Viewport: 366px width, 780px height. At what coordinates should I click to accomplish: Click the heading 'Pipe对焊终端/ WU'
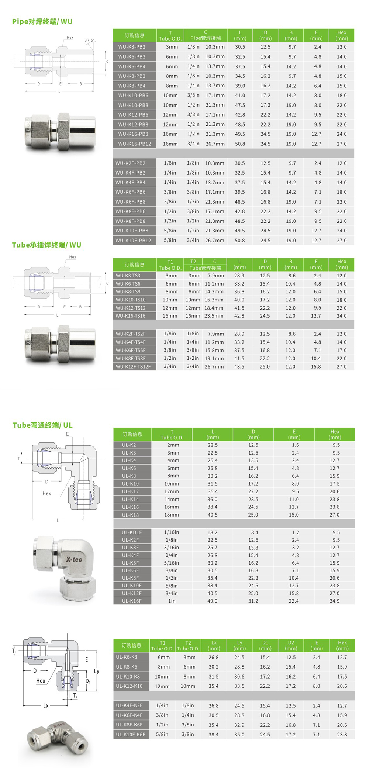pos(42,21)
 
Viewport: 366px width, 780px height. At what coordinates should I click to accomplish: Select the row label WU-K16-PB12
pos(134,144)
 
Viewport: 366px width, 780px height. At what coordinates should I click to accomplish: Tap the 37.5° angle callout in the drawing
pos(90,40)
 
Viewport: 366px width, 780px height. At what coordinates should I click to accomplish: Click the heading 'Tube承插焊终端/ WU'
pos(46,245)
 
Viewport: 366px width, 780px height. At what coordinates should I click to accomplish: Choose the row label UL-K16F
pos(132,601)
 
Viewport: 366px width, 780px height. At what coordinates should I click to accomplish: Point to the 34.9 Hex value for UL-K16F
pos(335,601)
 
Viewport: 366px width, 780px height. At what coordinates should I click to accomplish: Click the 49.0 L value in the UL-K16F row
pos(213,601)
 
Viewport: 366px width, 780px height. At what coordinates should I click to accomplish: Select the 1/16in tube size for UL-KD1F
pos(172,532)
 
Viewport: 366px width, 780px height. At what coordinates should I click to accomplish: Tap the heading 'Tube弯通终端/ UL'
pos(42,425)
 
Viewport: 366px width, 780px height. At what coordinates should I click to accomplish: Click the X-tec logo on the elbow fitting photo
pos(74,559)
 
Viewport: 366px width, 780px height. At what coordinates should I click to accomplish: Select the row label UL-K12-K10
pos(129,686)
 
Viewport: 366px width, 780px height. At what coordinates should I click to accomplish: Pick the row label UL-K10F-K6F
pos(131,734)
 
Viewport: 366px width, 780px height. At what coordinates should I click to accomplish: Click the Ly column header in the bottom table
pos(239,645)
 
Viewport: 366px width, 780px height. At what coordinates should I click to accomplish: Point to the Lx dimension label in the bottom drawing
pos(46,705)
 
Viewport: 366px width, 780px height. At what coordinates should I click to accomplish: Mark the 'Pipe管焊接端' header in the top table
pos(206,38)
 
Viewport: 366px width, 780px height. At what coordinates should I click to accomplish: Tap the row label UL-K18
pos(131,515)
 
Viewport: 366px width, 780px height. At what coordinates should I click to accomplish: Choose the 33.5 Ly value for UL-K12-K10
pos(239,686)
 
